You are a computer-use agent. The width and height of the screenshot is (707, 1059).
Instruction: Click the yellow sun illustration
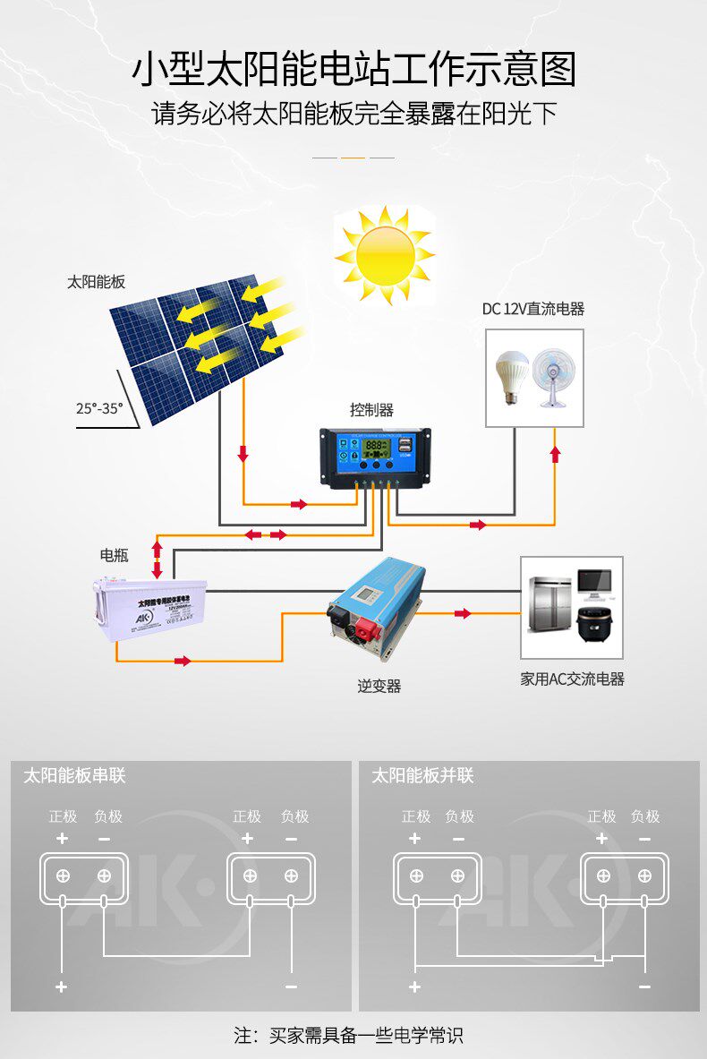point(385,255)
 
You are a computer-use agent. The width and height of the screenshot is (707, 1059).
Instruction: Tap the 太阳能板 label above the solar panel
point(96,282)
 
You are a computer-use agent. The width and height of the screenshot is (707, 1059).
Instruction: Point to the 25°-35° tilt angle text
point(99,408)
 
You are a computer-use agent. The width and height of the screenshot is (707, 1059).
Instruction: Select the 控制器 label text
point(371,410)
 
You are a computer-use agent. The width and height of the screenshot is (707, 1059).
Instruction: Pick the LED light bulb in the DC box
point(511,377)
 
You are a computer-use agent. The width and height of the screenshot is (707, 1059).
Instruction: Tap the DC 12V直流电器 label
point(533,309)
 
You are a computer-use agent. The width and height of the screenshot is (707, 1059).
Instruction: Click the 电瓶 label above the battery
point(114,555)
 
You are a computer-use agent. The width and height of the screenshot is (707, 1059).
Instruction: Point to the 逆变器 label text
point(379,687)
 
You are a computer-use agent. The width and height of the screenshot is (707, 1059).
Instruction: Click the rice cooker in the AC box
point(593,620)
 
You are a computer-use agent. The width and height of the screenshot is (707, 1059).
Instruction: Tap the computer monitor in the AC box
point(593,583)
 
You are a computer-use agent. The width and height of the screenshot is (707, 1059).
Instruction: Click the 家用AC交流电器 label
point(573,679)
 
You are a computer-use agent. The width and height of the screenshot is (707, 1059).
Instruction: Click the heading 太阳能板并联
point(422,776)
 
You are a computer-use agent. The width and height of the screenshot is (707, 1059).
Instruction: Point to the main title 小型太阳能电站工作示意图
point(353,70)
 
